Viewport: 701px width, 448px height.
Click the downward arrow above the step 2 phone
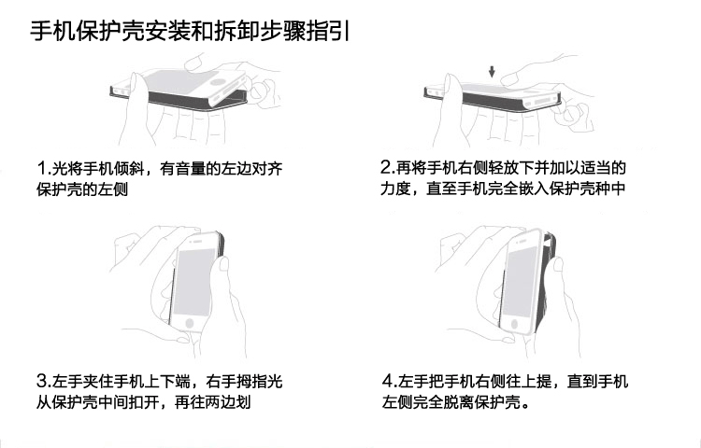(x=492, y=71)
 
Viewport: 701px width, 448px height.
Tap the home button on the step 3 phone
(x=190, y=323)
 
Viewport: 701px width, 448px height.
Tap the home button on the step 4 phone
(x=514, y=324)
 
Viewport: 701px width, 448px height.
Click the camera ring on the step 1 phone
(x=218, y=82)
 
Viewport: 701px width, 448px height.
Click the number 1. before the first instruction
(x=44, y=169)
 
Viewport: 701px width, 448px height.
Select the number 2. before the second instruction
(x=387, y=168)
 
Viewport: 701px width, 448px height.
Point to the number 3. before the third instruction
(x=44, y=381)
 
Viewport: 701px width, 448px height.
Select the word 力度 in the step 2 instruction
(x=395, y=189)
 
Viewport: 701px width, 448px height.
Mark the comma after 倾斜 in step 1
(x=150, y=173)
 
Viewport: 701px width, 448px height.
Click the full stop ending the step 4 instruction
(x=525, y=406)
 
